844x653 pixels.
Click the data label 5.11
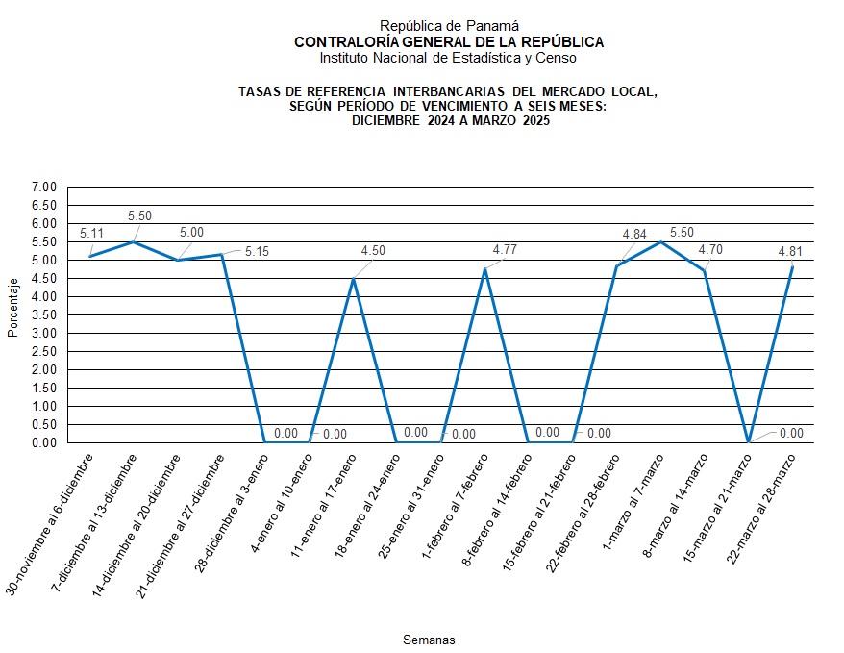[91, 233]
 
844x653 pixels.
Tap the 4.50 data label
[373, 251]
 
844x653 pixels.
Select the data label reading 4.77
[505, 250]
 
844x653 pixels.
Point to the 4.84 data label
[634, 234]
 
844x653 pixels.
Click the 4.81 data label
[790, 252]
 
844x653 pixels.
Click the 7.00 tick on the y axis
[45, 187]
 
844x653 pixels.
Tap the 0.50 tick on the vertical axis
[45, 425]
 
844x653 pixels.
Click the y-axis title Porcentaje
[13, 308]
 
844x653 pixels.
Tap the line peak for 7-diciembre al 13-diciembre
[135, 241]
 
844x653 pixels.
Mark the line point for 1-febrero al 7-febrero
[484, 268]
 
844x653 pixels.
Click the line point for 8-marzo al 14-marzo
[705, 271]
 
